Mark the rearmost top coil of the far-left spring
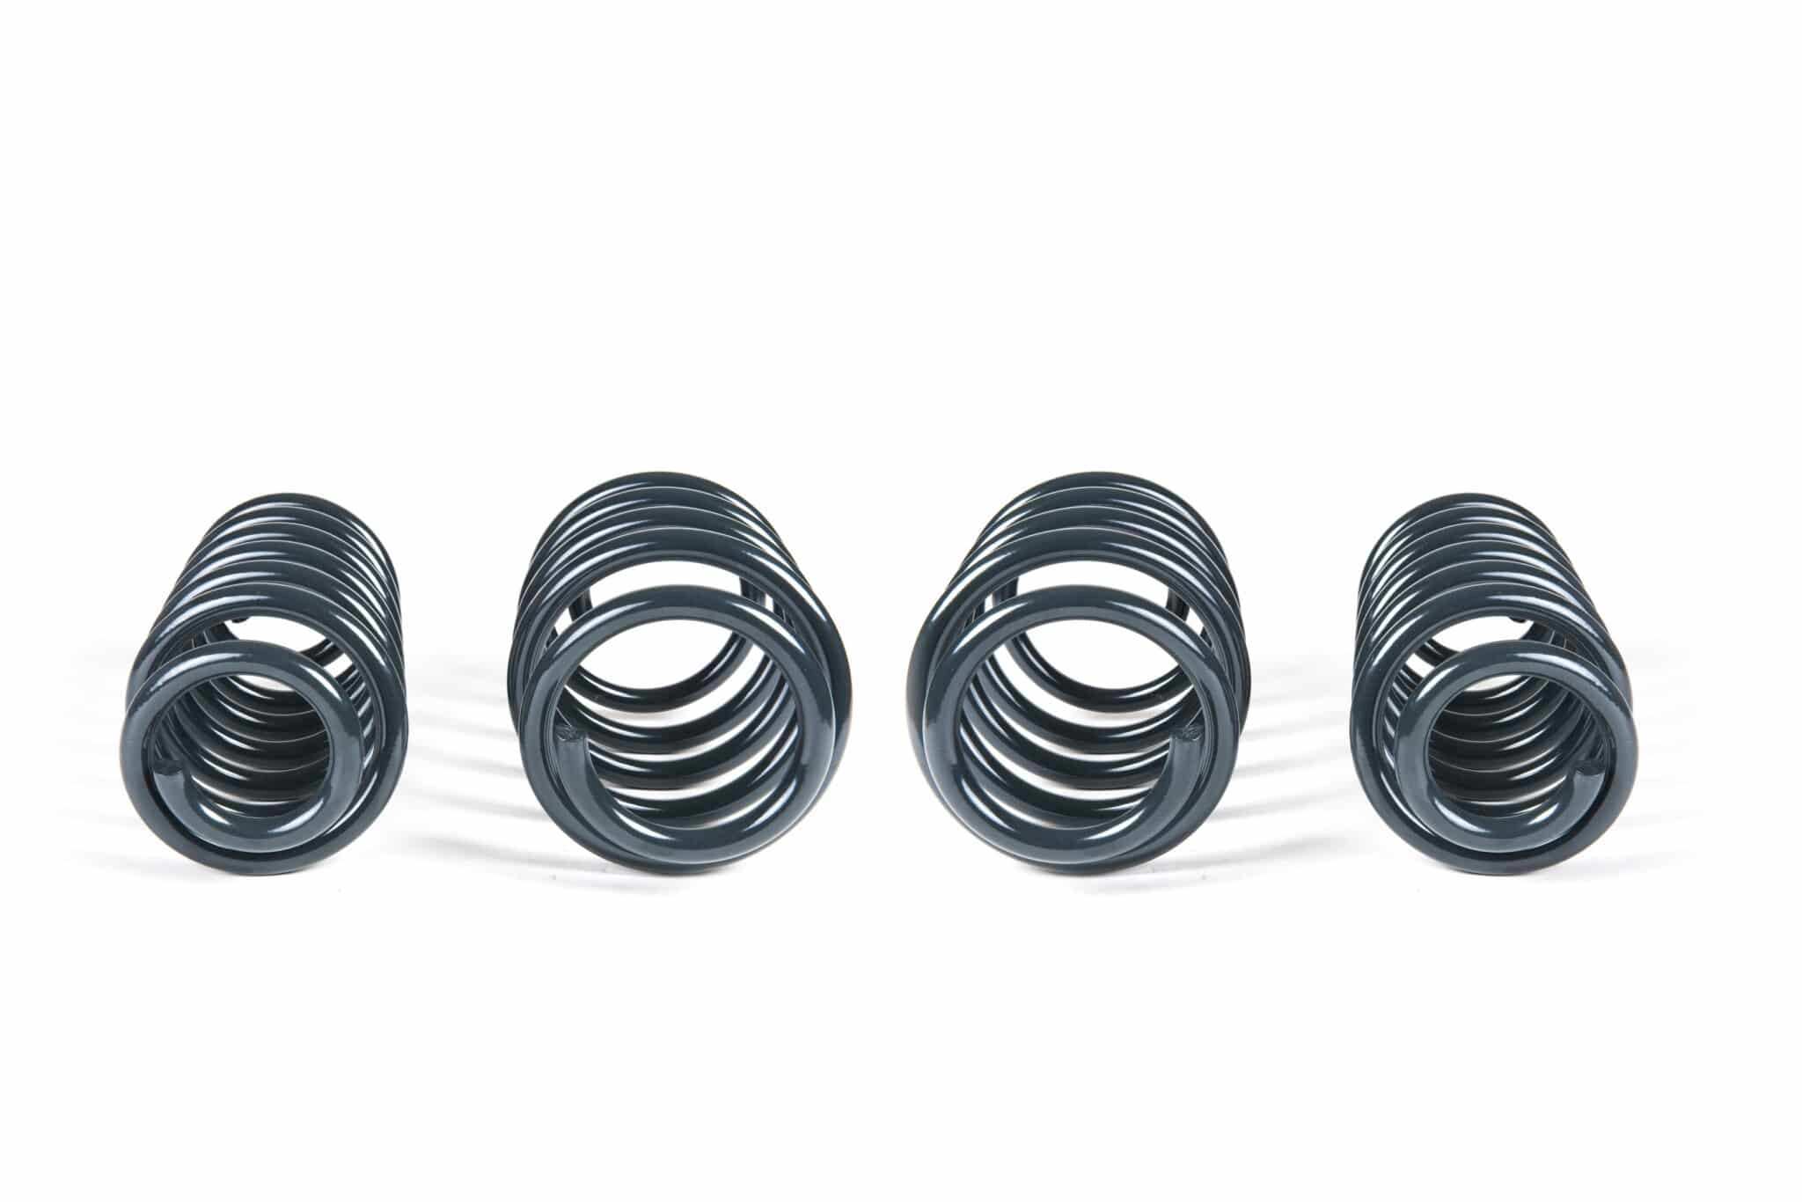point(290,500)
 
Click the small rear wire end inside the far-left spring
point(240,627)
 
